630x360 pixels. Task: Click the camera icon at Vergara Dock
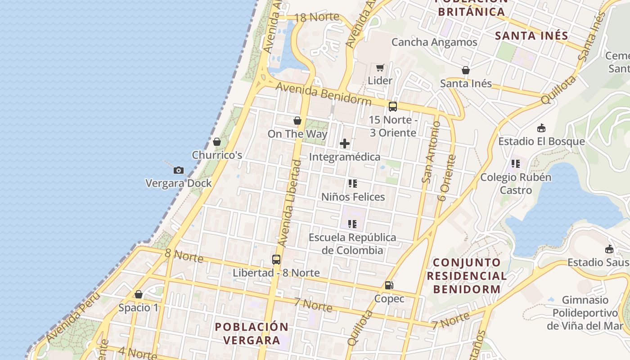pos(179,170)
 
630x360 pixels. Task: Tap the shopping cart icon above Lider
pos(380,68)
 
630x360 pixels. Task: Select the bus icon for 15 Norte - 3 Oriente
pos(393,107)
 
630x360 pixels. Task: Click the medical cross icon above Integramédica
pos(345,144)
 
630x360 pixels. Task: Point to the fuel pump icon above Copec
pos(389,285)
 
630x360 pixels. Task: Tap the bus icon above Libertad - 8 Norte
pos(276,260)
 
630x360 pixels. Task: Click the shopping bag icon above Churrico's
pos(217,142)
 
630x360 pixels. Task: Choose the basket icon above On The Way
pos(297,121)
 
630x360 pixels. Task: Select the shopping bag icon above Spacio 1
pos(139,294)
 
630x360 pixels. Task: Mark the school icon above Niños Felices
pos(353,184)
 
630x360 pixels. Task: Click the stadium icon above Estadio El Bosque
pos(541,128)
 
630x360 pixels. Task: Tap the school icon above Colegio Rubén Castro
pos(516,164)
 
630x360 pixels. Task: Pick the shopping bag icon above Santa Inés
pos(466,70)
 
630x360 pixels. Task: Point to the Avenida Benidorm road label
pos(324,93)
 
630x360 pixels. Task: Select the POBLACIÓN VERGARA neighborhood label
pos(251,333)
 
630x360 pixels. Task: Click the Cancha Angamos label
pos(434,42)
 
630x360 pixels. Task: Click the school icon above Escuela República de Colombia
pos(352,224)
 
